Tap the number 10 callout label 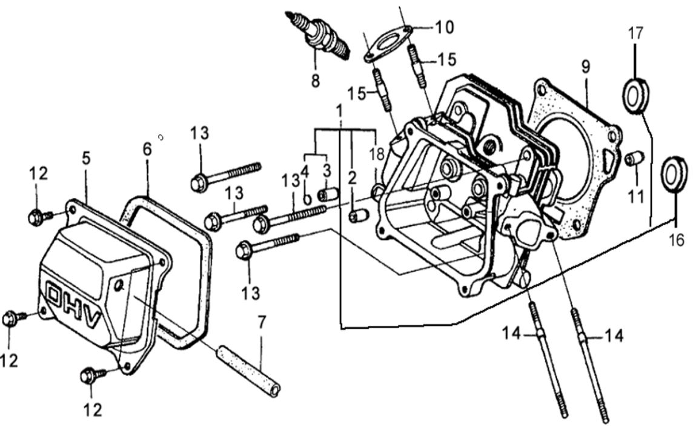(443, 27)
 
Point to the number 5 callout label (86, 158)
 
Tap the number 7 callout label (261, 322)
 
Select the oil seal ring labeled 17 (635, 96)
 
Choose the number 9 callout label (585, 67)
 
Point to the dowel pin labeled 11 (634, 159)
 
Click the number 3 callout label (326, 170)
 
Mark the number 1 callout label (340, 111)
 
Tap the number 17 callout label (635, 33)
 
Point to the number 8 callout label (315, 81)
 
